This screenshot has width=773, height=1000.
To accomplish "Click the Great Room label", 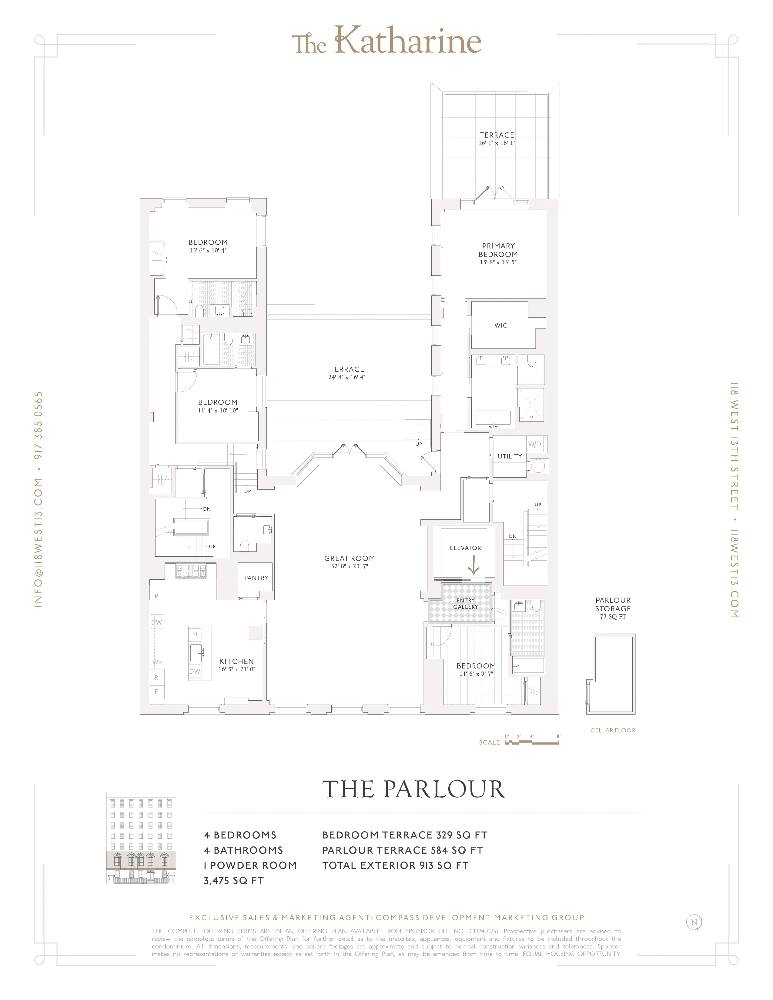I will coord(350,558).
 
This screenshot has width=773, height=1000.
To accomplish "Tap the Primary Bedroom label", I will coord(498,250).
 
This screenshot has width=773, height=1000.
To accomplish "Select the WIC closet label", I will coord(500,325).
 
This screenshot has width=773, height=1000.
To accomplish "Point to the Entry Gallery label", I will coord(465,603).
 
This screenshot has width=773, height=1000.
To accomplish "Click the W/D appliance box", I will coord(534,444).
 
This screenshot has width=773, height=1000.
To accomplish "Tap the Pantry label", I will coord(256,578).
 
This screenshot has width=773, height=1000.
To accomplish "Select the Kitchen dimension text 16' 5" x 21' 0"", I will coord(237,669).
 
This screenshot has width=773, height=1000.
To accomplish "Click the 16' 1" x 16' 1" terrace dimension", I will coord(497,143).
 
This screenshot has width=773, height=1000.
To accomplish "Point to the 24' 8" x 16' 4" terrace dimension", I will coord(347,377).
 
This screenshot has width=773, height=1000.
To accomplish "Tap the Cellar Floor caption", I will coord(613,730).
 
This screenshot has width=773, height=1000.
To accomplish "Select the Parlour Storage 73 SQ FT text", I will coord(613,617).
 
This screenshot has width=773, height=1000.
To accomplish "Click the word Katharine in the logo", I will coord(407,41).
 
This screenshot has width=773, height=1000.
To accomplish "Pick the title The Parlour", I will coord(413,789).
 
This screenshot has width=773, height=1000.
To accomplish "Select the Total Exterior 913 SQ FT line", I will coord(395,865).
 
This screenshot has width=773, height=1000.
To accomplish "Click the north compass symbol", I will coord(694,922).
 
